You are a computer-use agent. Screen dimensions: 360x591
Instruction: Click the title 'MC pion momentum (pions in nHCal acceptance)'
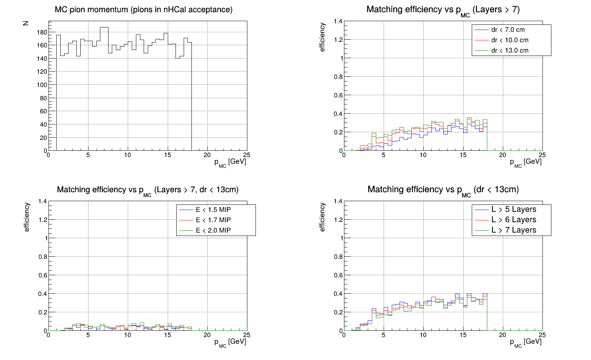[x=143, y=10]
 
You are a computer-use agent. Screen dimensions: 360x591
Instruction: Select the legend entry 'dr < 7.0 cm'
[x=508, y=30]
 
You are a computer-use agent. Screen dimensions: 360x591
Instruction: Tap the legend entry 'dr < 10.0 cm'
[x=510, y=40]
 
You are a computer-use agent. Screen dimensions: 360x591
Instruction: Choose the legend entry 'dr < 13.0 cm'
[x=510, y=51]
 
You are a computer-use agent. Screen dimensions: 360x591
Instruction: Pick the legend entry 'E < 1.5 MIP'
[x=213, y=210]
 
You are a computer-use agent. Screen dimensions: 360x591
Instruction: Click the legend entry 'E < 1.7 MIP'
[x=213, y=220]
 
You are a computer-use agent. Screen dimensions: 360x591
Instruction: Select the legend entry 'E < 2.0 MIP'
[x=213, y=230]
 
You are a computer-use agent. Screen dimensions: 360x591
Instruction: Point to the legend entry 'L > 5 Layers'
[x=514, y=210]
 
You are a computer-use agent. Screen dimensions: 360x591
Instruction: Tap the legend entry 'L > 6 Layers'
[x=514, y=220]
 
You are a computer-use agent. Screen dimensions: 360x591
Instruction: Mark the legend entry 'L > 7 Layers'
[x=514, y=230]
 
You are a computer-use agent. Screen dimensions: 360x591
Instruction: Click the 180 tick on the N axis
[x=42, y=32]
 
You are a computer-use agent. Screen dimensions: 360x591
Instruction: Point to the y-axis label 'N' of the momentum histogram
[x=26, y=23]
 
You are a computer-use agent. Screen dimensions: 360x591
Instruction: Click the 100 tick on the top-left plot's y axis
[x=42, y=85]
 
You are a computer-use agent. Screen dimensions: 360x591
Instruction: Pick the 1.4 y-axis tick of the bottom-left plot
[x=43, y=201]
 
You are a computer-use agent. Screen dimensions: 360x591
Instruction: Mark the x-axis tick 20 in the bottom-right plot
[x=502, y=335]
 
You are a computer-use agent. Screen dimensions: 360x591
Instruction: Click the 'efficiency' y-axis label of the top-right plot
[x=322, y=37]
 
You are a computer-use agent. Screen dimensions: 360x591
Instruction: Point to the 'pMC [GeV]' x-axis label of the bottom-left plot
[x=230, y=342]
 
